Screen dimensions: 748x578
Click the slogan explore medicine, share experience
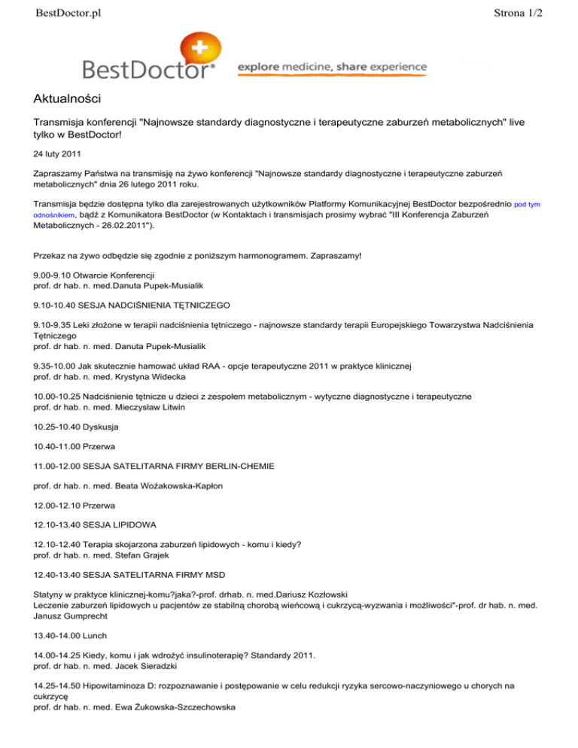[332, 68]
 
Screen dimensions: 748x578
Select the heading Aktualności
[68, 99]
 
